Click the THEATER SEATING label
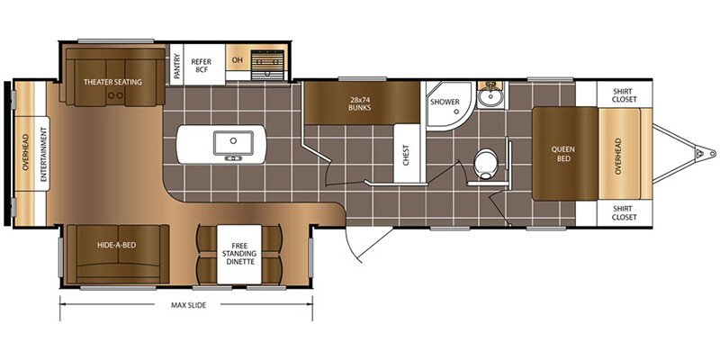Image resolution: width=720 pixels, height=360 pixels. click(x=112, y=82)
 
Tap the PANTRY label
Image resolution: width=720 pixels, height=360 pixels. click(x=176, y=64)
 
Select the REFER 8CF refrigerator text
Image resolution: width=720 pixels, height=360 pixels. click(x=202, y=65)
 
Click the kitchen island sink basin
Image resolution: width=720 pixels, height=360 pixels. click(x=233, y=143)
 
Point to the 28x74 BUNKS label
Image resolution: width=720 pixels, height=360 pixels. click(x=359, y=103)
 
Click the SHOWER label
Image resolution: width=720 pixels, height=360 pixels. click(x=445, y=102)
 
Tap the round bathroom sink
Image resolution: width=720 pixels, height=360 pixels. click(x=490, y=96)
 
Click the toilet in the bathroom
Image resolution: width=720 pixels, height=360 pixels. click(x=482, y=164)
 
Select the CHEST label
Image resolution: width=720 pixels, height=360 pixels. click(x=406, y=156)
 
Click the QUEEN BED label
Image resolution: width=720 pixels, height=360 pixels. click(x=564, y=154)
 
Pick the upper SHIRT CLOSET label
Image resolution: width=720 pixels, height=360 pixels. click(x=625, y=95)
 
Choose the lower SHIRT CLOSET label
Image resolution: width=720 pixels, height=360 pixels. click(x=625, y=212)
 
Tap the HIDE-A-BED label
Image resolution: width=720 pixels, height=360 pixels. click(x=117, y=245)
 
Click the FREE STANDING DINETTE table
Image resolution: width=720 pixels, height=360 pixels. click(x=238, y=255)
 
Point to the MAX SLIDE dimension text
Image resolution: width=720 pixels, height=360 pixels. click(x=188, y=305)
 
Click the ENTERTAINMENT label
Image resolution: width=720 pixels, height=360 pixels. click(x=44, y=154)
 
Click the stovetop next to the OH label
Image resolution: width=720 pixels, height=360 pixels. click(x=267, y=64)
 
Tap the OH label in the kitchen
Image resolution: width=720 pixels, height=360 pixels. click(x=237, y=60)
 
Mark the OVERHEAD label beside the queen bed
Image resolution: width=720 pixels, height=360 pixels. click(x=617, y=155)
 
